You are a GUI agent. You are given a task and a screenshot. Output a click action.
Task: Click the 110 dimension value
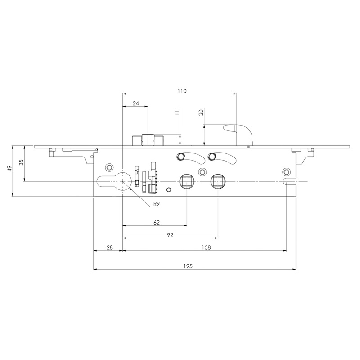click(x=181, y=91)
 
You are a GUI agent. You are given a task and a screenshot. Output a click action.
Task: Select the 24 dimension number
click(x=135, y=103)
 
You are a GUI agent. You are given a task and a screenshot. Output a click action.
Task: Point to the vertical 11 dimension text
click(x=177, y=113)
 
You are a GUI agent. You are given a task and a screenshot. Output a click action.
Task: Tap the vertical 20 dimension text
click(x=202, y=112)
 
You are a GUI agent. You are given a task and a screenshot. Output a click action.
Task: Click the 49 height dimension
click(x=9, y=169)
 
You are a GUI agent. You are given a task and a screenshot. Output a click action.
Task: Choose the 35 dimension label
click(x=21, y=163)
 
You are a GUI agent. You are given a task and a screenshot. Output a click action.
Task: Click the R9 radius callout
click(x=156, y=204)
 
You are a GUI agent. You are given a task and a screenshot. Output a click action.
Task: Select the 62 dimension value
click(x=157, y=222)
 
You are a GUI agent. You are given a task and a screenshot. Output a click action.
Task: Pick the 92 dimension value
click(x=170, y=235)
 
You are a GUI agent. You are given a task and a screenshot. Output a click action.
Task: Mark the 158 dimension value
click(x=206, y=247)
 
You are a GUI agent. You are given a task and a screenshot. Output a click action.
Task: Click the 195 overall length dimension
click(x=188, y=266)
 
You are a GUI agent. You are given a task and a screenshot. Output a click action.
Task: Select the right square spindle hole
click(x=218, y=181)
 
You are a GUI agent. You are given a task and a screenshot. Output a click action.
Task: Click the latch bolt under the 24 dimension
click(x=148, y=140)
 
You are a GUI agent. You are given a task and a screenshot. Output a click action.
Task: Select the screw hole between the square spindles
click(x=202, y=172)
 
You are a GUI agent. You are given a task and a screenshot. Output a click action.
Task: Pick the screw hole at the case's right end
click(x=286, y=172)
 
